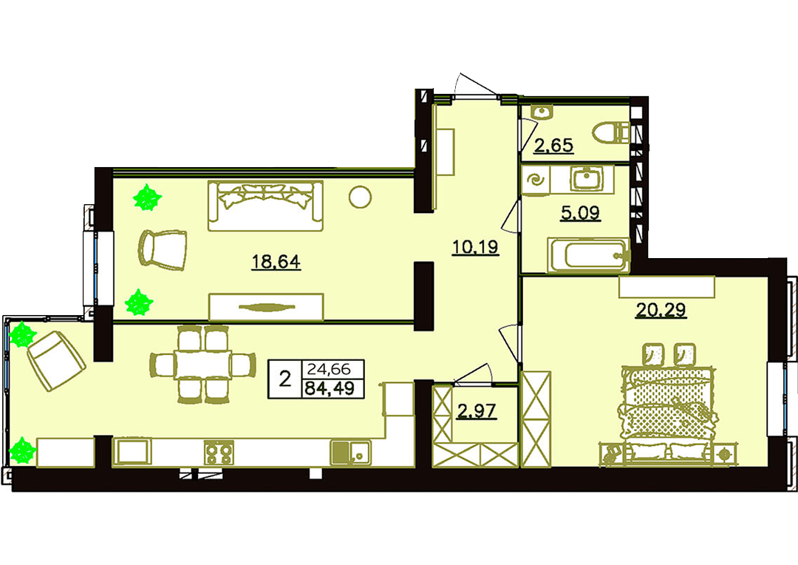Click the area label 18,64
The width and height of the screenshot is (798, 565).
(x=276, y=262)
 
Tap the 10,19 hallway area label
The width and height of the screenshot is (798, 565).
(x=475, y=247)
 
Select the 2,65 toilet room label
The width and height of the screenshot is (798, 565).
(x=553, y=146)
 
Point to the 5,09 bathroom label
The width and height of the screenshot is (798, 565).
(x=580, y=212)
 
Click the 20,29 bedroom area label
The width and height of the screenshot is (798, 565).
(x=661, y=309)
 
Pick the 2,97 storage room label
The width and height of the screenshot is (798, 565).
(x=477, y=410)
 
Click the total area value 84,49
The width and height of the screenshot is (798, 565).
(x=330, y=389)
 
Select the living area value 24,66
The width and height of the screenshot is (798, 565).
(x=330, y=368)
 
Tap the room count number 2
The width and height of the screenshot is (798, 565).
(x=285, y=379)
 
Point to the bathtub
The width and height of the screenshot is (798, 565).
(x=589, y=254)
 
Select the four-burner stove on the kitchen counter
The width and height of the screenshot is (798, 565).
(x=219, y=453)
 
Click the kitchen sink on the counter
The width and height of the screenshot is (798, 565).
(x=350, y=453)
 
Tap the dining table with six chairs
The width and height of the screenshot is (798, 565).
(x=202, y=365)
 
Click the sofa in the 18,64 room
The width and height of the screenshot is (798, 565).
(x=265, y=206)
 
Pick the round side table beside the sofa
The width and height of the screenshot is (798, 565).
(x=360, y=197)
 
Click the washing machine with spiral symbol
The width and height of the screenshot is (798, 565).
(x=536, y=180)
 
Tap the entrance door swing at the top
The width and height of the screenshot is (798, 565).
(x=477, y=84)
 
